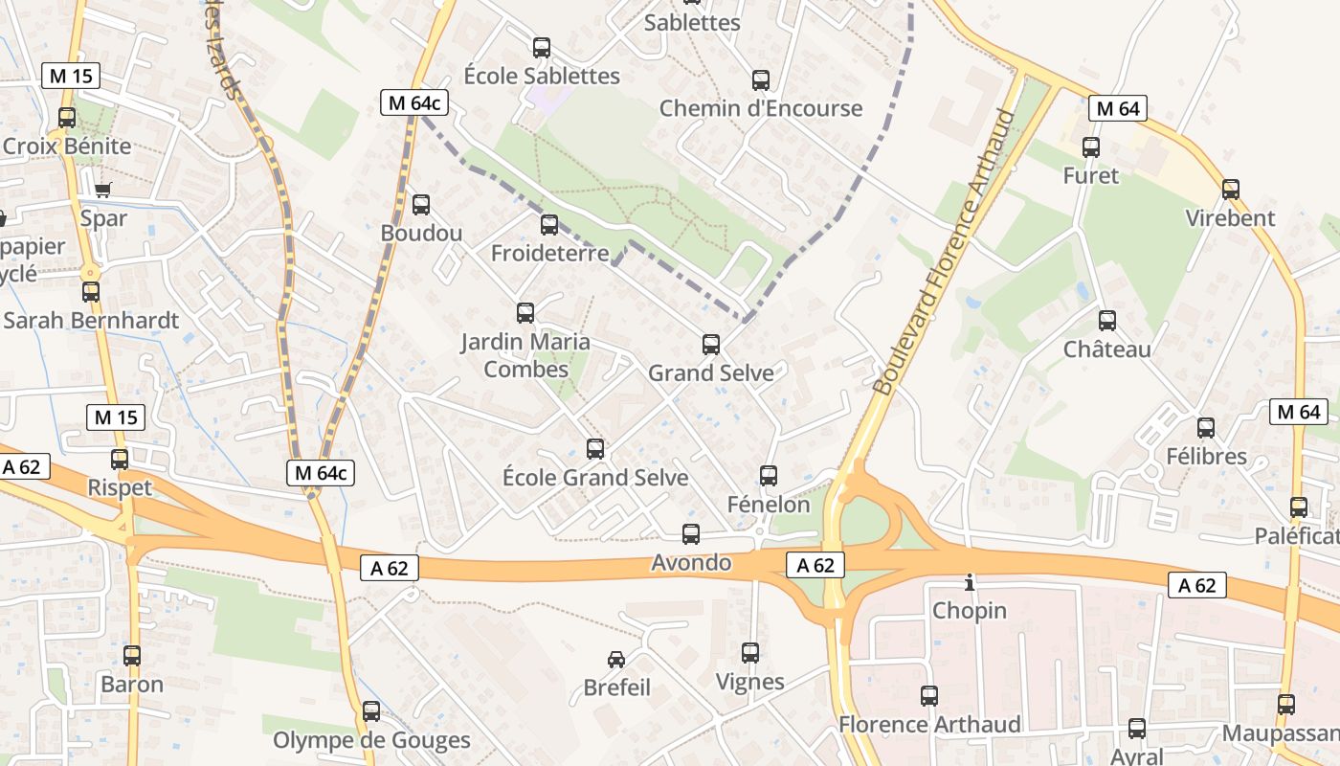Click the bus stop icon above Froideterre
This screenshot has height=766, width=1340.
pyautogui.click(x=548, y=225)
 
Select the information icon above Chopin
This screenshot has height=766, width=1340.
pyautogui.click(x=970, y=582)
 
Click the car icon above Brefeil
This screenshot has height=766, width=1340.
pyautogui.click(x=616, y=659)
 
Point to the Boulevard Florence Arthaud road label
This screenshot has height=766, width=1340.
pyautogui.click(x=943, y=252)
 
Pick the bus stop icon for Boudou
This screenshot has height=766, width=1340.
pyautogui.click(x=420, y=204)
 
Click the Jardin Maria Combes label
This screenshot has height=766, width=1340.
pyautogui.click(x=525, y=355)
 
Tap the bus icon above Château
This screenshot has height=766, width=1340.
pyautogui.click(x=1107, y=321)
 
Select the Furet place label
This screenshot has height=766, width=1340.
pyautogui.click(x=1090, y=176)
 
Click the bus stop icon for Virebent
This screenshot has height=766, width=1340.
pyautogui.click(x=1231, y=189)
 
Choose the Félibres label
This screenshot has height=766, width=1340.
pyautogui.click(x=1206, y=457)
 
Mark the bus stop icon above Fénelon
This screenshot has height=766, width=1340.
pyautogui.click(x=768, y=475)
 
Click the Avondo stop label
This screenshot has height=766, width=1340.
pyautogui.click(x=691, y=563)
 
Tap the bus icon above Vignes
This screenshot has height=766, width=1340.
pyautogui.click(x=750, y=653)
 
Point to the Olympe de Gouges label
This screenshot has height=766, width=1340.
pyautogui.click(x=371, y=740)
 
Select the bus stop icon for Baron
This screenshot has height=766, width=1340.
pyautogui.click(x=132, y=656)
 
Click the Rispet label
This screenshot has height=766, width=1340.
pyautogui.click(x=120, y=488)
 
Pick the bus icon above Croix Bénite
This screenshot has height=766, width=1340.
pyautogui.click(x=67, y=118)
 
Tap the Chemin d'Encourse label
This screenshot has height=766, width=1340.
pyautogui.click(x=761, y=108)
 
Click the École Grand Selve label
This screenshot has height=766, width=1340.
pyautogui.click(x=595, y=477)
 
